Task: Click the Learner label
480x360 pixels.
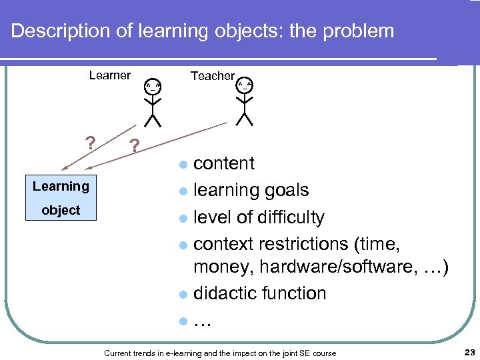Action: tap(109, 75)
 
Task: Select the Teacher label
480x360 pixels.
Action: tap(212, 76)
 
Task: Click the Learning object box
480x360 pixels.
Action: tap(61, 198)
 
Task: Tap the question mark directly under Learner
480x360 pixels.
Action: tap(91, 143)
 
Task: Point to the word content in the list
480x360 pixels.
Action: tap(224, 163)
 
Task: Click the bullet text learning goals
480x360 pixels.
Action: tap(251, 191)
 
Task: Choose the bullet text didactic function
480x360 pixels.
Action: tap(259, 293)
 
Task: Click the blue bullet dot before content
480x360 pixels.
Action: tap(183, 165)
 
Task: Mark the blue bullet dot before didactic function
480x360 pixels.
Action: tap(183, 295)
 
